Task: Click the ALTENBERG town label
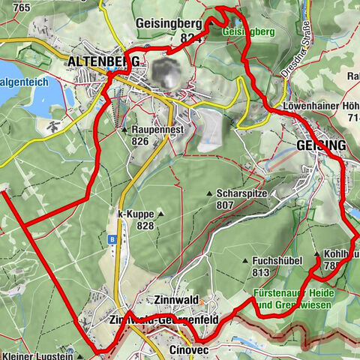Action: tap(103, 61)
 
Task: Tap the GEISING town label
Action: tap(321, 145)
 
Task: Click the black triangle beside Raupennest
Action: tap(124, 130)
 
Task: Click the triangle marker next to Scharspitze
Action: tap(210, 193)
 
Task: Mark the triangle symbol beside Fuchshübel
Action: tap(245, 260)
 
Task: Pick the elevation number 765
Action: tap(21, 7)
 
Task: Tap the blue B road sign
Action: tap(112, 240)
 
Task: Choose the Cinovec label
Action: tap(188, 350)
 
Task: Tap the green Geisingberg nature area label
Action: tap(247, 32)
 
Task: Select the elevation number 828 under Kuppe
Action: tap(145, 225)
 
